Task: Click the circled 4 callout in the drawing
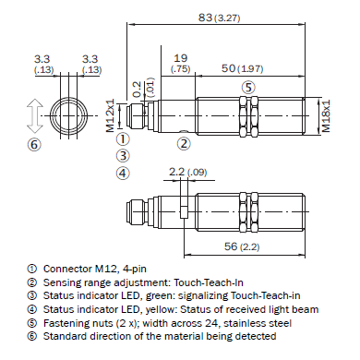[x=123, y=173]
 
